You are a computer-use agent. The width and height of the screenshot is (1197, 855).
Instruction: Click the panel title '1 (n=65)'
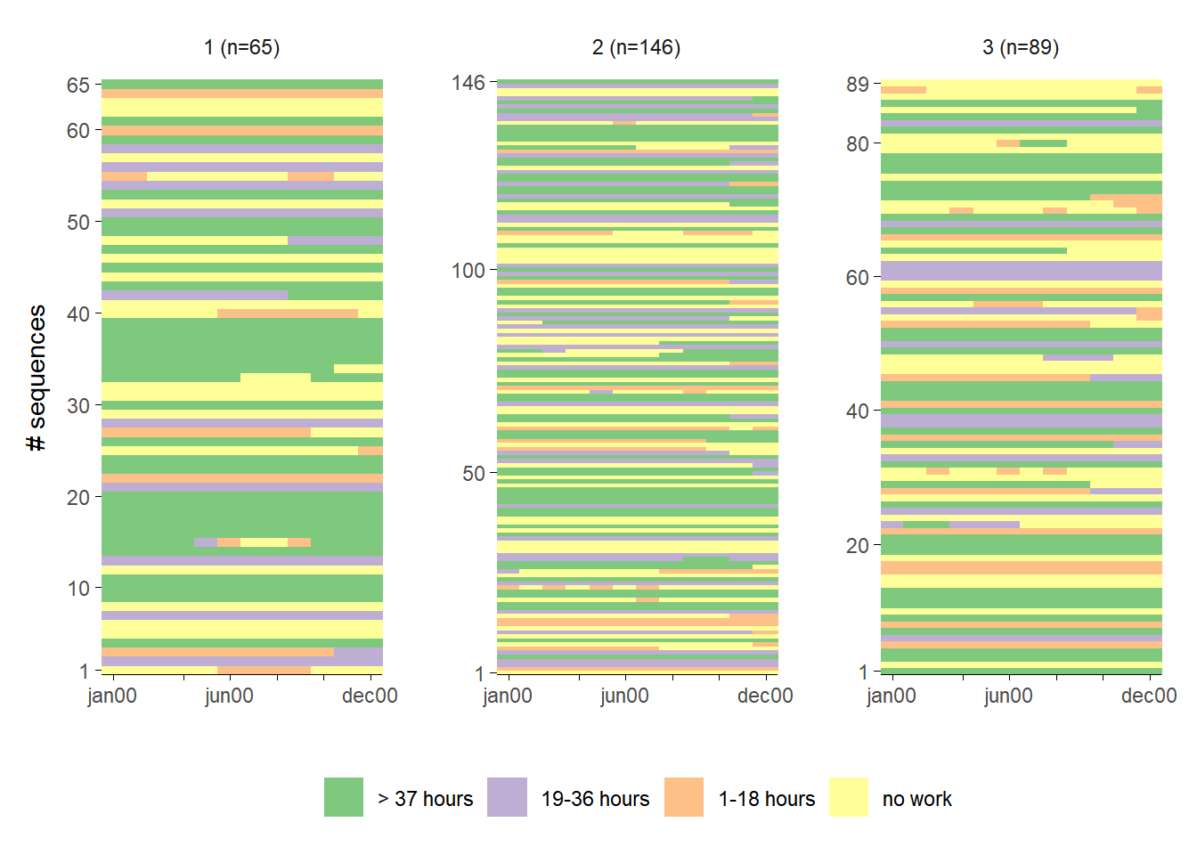click(x=241, y=47)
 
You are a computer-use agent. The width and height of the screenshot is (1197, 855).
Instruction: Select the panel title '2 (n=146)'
click(x=636, y=47)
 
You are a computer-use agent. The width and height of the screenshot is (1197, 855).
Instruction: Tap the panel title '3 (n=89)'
click(x=1021, y=47)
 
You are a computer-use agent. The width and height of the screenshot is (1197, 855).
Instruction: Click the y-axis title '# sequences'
click(x=37, y=378)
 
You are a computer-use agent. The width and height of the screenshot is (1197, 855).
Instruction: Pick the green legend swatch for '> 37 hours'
click(x=343, y=797)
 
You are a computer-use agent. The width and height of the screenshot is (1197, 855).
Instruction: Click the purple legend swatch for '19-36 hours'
click(x=507, y=797)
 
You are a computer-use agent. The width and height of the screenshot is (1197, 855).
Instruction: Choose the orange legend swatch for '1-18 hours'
click(x=684, y=797)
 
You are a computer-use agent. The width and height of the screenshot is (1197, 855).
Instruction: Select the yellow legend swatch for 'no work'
click(x=849, y=797)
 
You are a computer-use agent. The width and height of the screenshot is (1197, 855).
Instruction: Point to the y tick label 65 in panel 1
click(x=78, y=85)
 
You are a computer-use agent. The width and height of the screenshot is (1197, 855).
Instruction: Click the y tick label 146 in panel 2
click(x=468, y=83)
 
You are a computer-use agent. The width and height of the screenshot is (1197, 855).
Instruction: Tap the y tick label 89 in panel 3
click(x=858, y=85)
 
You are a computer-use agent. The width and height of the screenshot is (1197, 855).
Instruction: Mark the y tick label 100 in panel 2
click(x=468, y=271)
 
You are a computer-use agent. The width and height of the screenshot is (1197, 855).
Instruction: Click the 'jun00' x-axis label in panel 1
click(x=229, y=696)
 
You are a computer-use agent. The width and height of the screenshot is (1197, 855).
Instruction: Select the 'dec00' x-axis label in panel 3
click(x=1149, y=696)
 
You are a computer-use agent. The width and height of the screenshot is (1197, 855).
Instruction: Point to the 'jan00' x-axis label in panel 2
click(x=508, y=696)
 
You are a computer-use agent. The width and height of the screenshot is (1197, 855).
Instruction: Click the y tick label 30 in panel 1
click(x=78, y=405)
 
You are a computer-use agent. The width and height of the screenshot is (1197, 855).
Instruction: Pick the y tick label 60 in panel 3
click(x=858, y=278)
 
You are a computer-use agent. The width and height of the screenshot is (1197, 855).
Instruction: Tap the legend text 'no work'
click(x=916, y=799)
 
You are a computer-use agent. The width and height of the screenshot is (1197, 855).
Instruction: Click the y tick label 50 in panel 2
click(x=474, y=473)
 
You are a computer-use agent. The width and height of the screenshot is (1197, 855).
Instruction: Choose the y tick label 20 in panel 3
click(x=858, y=545)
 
